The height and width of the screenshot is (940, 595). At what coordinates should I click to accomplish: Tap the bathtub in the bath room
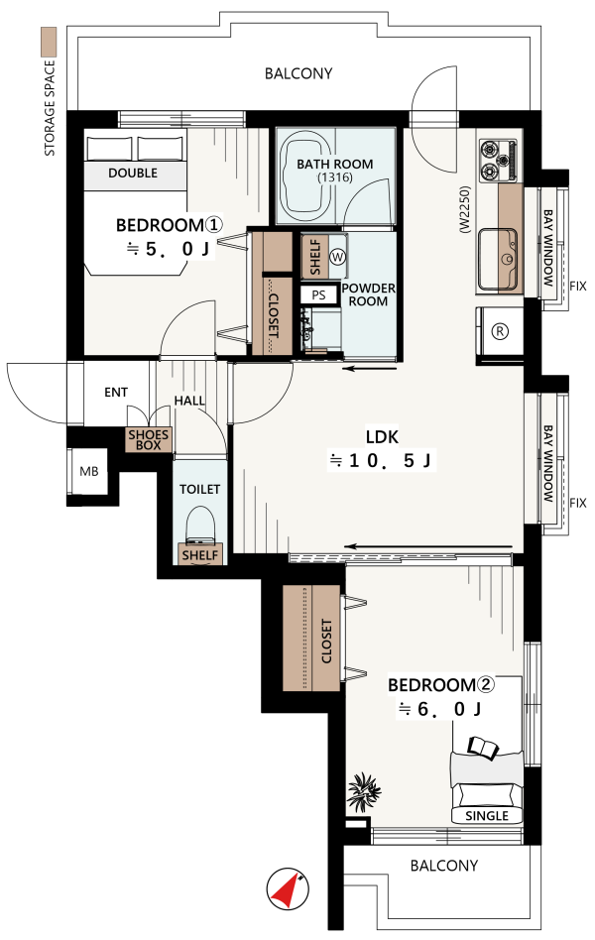pos(306,177)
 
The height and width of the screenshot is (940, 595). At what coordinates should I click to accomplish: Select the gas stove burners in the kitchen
pos(498,161)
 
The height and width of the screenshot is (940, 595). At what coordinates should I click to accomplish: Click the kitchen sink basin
pos(497,257)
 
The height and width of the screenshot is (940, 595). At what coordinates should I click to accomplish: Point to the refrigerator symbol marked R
pos(500,331)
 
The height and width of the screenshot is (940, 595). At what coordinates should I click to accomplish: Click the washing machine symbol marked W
pos(338,257)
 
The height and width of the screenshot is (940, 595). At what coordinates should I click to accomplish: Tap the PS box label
pos(318,294)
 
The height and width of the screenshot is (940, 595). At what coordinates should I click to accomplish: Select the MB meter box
pos(89,471)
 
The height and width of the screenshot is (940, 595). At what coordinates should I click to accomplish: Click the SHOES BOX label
pos(148,439)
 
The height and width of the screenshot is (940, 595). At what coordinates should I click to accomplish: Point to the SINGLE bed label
pos(487,816)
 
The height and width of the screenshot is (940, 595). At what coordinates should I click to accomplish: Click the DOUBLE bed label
pos(133,174)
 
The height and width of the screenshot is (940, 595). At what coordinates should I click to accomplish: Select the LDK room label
pos(382,436)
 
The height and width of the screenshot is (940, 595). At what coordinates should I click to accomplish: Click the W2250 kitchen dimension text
pos(466,209)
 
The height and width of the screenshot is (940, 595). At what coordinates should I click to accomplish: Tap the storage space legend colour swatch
pos(48,42)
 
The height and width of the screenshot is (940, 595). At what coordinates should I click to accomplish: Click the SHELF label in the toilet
pos(200,555)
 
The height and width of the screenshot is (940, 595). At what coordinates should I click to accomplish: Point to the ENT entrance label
pos(116,392)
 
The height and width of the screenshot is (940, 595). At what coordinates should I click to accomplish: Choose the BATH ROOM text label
pos(335,164)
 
